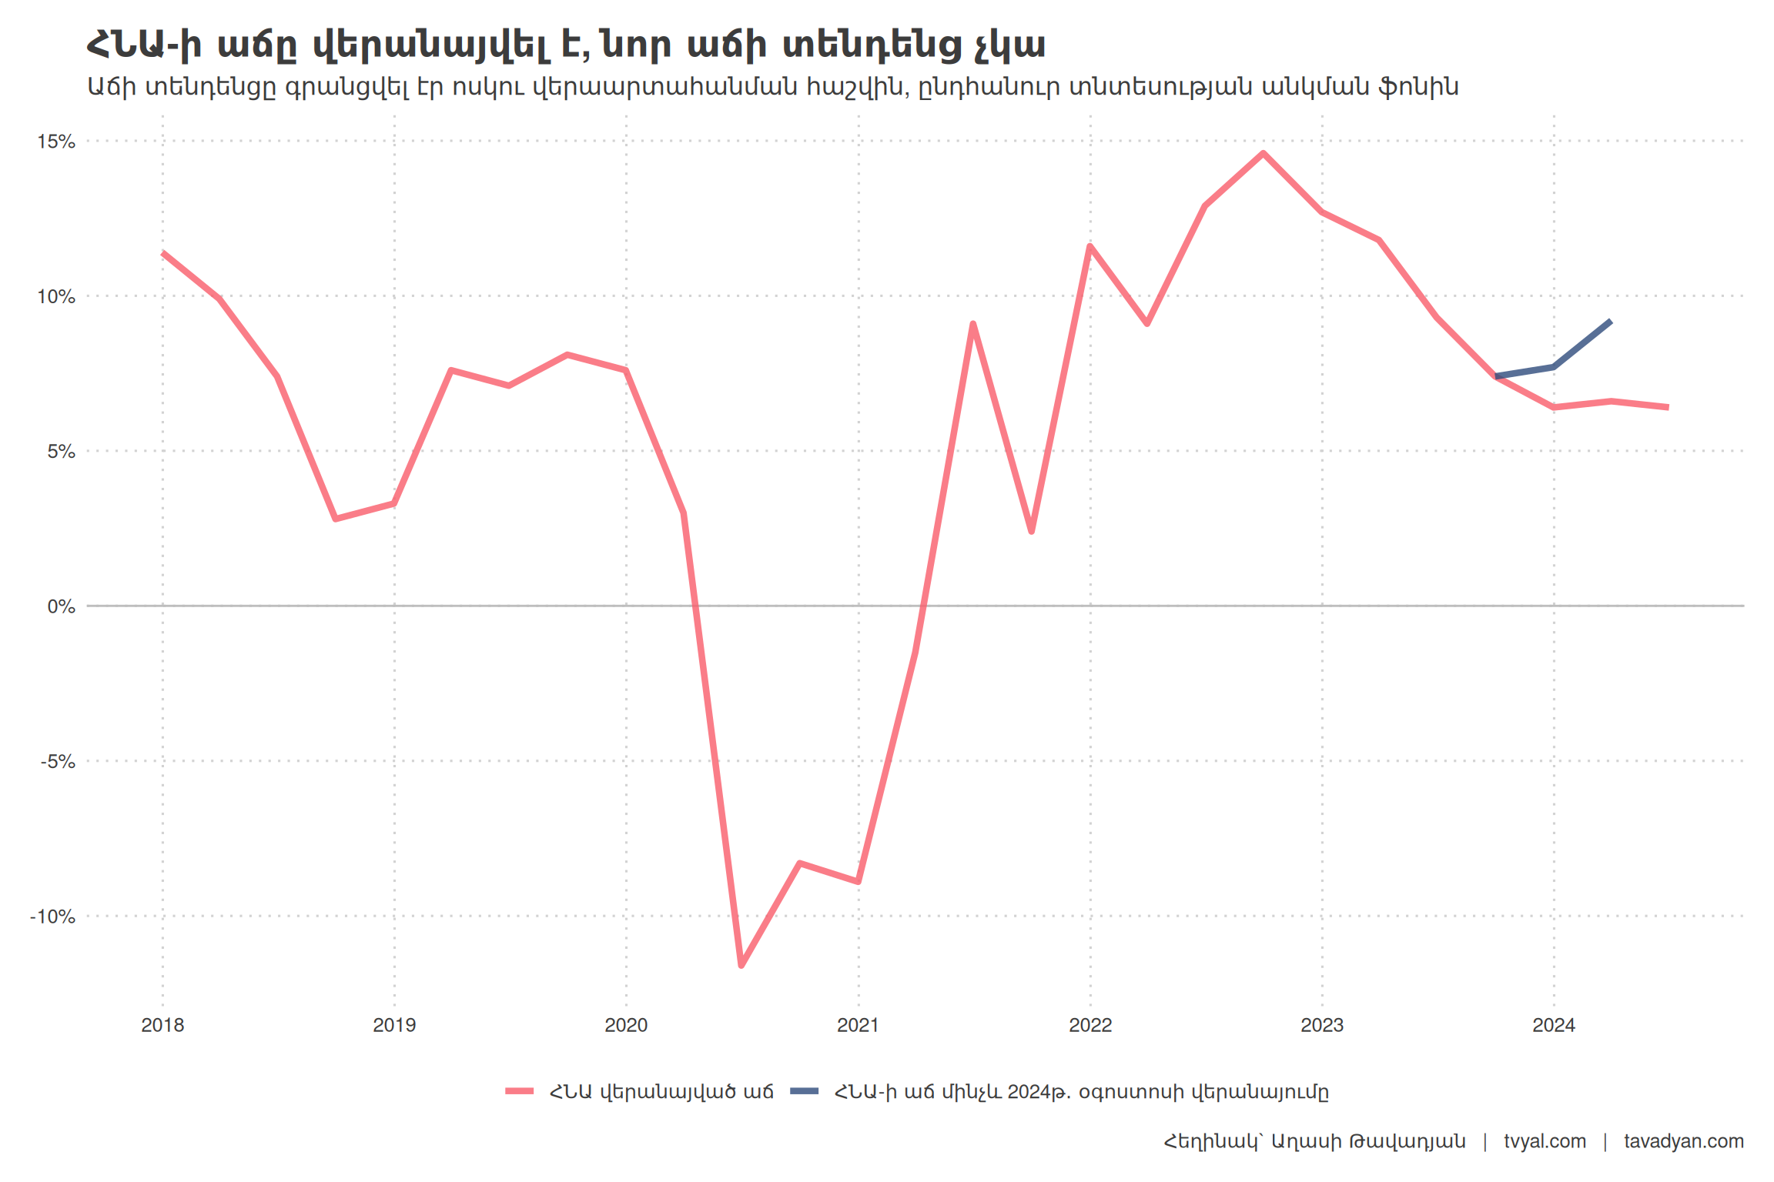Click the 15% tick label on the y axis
[x=56, y=142]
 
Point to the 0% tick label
[x=61, y=606]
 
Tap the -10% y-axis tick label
[x=52, y=917]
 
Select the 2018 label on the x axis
[x=162, y=1025]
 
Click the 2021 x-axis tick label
[x=858, y=1025]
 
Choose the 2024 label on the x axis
[x=1554, y=1025]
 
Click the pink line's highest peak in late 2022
[x=1264, y=153]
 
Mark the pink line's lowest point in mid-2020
[x=741, y=965]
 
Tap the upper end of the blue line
[x=1610, y=322]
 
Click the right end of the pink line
[x=1668, y=407]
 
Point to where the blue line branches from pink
[x=1496, y=376]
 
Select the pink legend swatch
[x=520, y=1091]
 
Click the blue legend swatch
[x=805, y=1091]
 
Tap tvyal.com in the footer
[x=1545, y=1141]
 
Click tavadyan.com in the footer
[x=1684, y=1141]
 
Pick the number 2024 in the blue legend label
[x=1031, y=1092]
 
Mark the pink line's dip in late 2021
[x=1031, y=531]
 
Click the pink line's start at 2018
[x=162, y=252]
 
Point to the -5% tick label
[x=58, y=762]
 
